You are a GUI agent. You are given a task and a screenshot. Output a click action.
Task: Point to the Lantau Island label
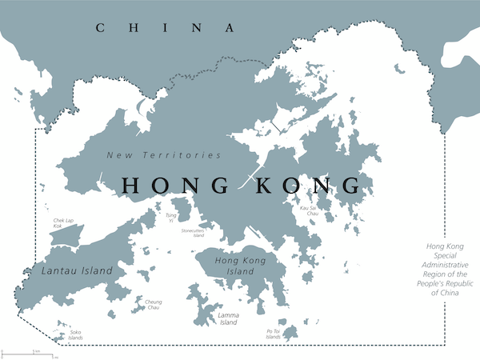(76, 271)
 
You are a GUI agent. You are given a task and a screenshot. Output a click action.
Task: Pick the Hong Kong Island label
(240, 266)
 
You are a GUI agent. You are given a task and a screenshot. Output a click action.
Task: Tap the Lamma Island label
(228, 318)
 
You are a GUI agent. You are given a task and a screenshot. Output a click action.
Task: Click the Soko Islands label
(75, 334)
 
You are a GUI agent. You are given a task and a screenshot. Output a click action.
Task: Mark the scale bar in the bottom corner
(28, 352)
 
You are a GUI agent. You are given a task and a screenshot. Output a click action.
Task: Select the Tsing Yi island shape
(182, 210)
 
